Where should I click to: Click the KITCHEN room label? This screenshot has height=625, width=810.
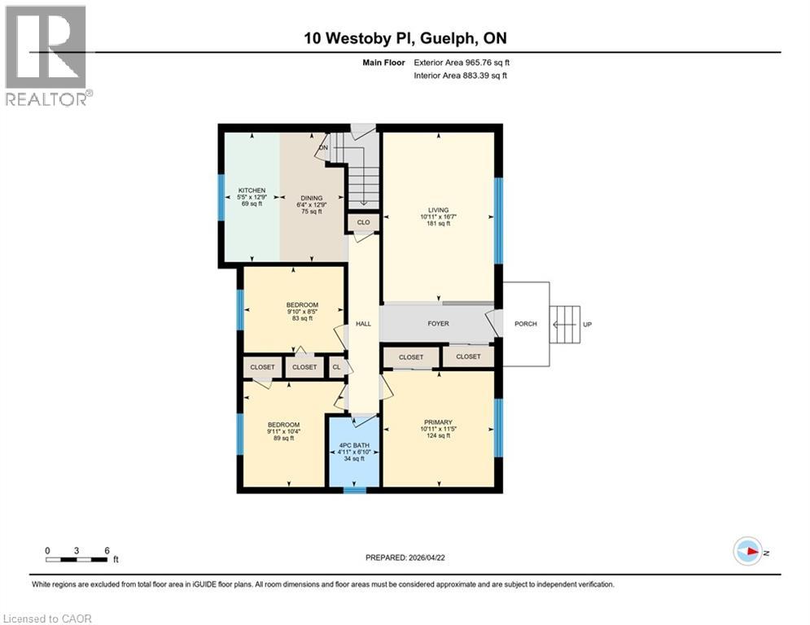point(252,190)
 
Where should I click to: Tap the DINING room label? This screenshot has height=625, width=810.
point(312,199)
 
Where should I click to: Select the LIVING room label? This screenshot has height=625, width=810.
point(438,210)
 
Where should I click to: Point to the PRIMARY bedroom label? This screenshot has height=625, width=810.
point(438,422)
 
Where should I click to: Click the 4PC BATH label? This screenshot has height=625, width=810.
point(354,445)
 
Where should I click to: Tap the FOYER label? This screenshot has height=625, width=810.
point(438,324)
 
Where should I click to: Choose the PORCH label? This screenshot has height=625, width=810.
point(526,324)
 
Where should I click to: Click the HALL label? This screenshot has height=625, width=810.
point(363,324)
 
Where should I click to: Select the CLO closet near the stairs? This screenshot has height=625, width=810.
point(363,222)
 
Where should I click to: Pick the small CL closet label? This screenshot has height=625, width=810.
point(336,367)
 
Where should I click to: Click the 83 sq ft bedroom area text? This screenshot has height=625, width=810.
point(302,319)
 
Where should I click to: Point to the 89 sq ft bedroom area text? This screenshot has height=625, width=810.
point(283,438)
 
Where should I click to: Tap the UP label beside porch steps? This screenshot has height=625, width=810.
point(588,325)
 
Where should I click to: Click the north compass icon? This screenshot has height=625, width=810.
point(747,552)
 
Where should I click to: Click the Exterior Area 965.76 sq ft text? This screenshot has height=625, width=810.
point(462,63)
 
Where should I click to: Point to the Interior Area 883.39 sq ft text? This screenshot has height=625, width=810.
point(460,76)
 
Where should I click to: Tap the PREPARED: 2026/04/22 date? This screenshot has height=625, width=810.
point(405,557)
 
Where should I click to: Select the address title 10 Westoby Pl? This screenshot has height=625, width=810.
point(360,38)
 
